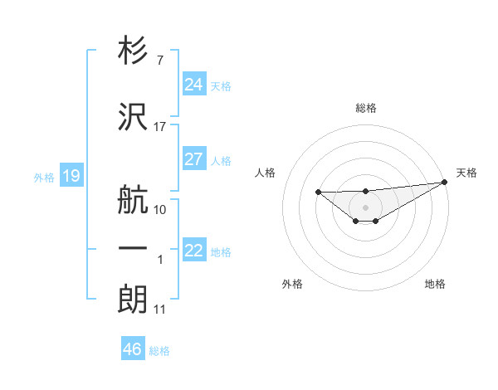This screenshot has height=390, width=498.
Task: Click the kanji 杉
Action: pos(133,51)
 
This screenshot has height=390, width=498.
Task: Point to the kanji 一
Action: pos(133,249)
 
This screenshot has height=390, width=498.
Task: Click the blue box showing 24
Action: pos(193,84)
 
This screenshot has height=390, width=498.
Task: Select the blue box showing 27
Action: pos(193,159)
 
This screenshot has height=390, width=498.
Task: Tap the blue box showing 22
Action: pos(193,251)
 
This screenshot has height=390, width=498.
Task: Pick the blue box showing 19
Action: pos(71,176)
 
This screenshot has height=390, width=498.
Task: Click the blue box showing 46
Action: pos(132,349)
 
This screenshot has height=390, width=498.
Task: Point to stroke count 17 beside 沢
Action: pos(160,127)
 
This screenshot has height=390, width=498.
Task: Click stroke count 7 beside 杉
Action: pos(159,61)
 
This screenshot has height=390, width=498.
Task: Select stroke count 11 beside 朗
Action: pos(160,310)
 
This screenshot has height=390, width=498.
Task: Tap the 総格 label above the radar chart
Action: pos(365,108)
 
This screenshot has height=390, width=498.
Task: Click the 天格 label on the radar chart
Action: pos(466,173)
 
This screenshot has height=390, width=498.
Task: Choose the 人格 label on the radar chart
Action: pos(266,173)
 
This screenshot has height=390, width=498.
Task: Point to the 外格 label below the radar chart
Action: pos(292,284)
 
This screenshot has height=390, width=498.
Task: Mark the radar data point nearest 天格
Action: pos(445,182)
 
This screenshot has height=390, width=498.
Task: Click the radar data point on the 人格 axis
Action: pos(319,193)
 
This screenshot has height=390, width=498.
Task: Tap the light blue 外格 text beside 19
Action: pos(43,177)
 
